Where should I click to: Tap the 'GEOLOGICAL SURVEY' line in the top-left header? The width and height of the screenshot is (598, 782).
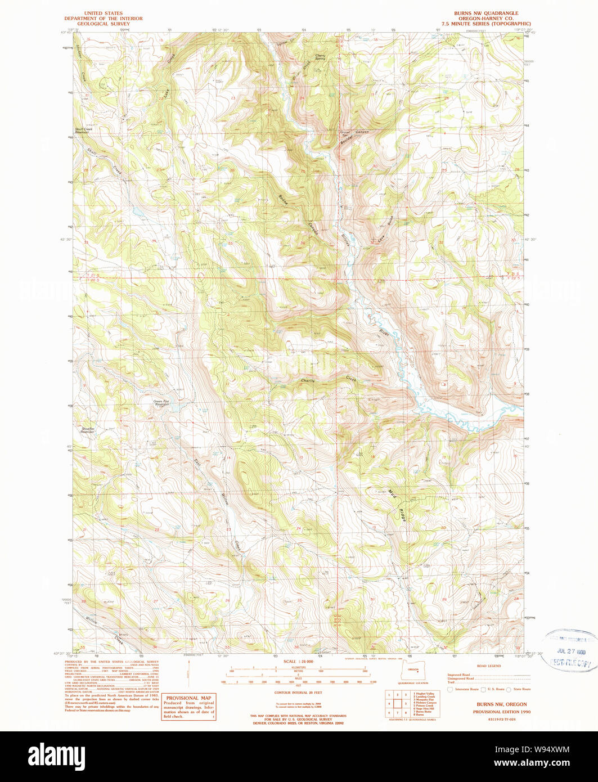(x=103, y=24)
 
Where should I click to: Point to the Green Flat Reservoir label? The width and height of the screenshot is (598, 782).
(x=161, y=403)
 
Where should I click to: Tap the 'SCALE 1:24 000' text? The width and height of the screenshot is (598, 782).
(x=298, y=661)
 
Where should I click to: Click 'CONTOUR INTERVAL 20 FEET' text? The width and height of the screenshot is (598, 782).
(x=298, y=693)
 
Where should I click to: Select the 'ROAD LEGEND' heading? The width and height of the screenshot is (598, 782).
(x=488, y=666)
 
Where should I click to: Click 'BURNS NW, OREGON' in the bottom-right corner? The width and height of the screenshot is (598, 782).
(x=502, y=704)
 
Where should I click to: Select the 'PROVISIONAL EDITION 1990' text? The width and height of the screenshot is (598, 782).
(x=502, y=712)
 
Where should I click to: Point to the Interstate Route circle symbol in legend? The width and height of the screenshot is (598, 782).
(x=450, y=689)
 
